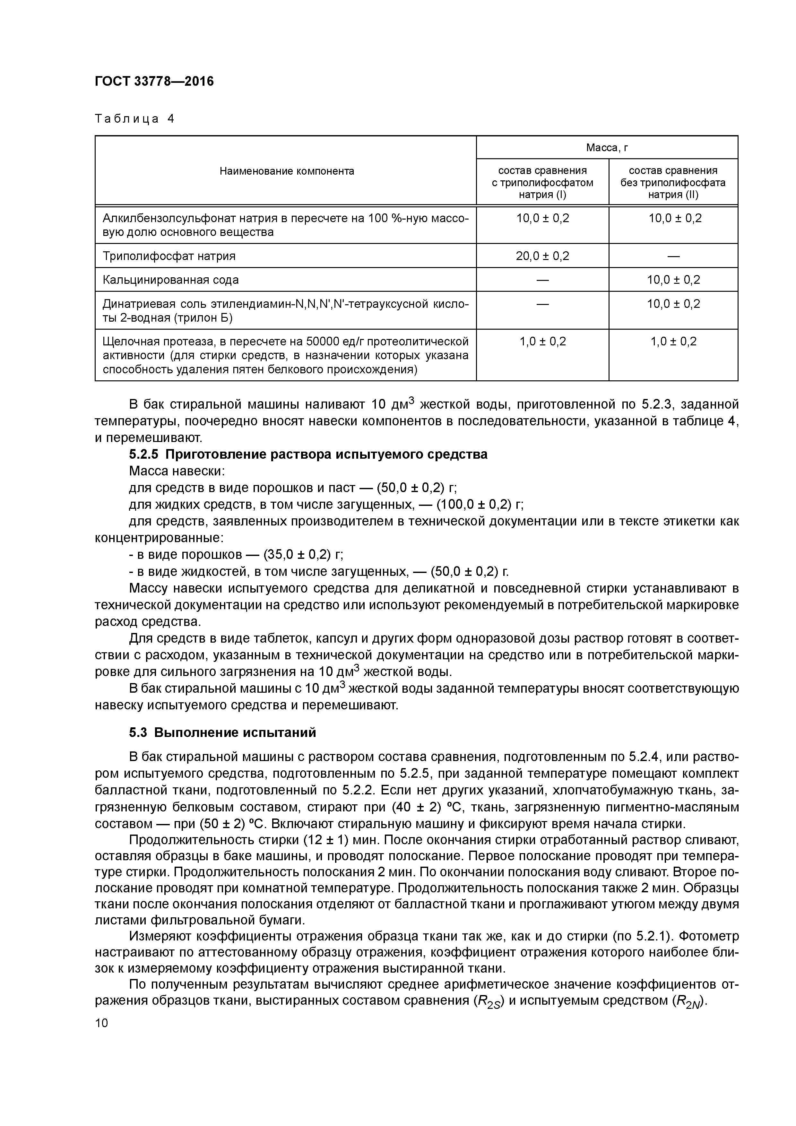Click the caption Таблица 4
coord(134,119)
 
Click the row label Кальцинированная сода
coord(171,280)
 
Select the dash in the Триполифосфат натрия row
coord(673,256)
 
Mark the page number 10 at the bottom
coord(101,1023)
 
